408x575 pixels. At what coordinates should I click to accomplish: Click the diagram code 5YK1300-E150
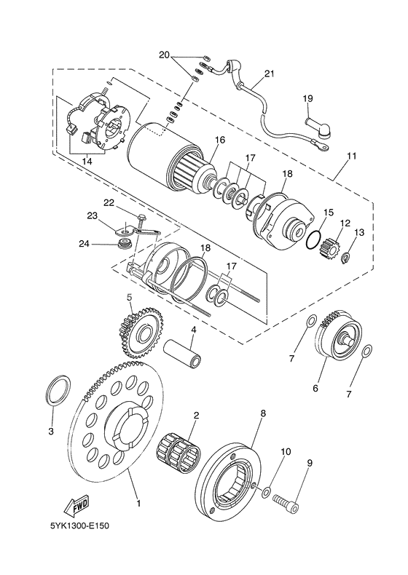[x=79, y=526]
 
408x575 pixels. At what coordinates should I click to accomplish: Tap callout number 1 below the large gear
[x=139, y=504]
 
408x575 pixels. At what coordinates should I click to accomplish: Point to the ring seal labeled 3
[x=58, y=391]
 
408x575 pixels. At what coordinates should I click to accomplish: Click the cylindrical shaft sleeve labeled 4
[x=184, y=352]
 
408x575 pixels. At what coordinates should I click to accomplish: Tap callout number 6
[x=315, y=388]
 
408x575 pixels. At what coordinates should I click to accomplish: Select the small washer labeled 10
[x=267, y=492]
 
